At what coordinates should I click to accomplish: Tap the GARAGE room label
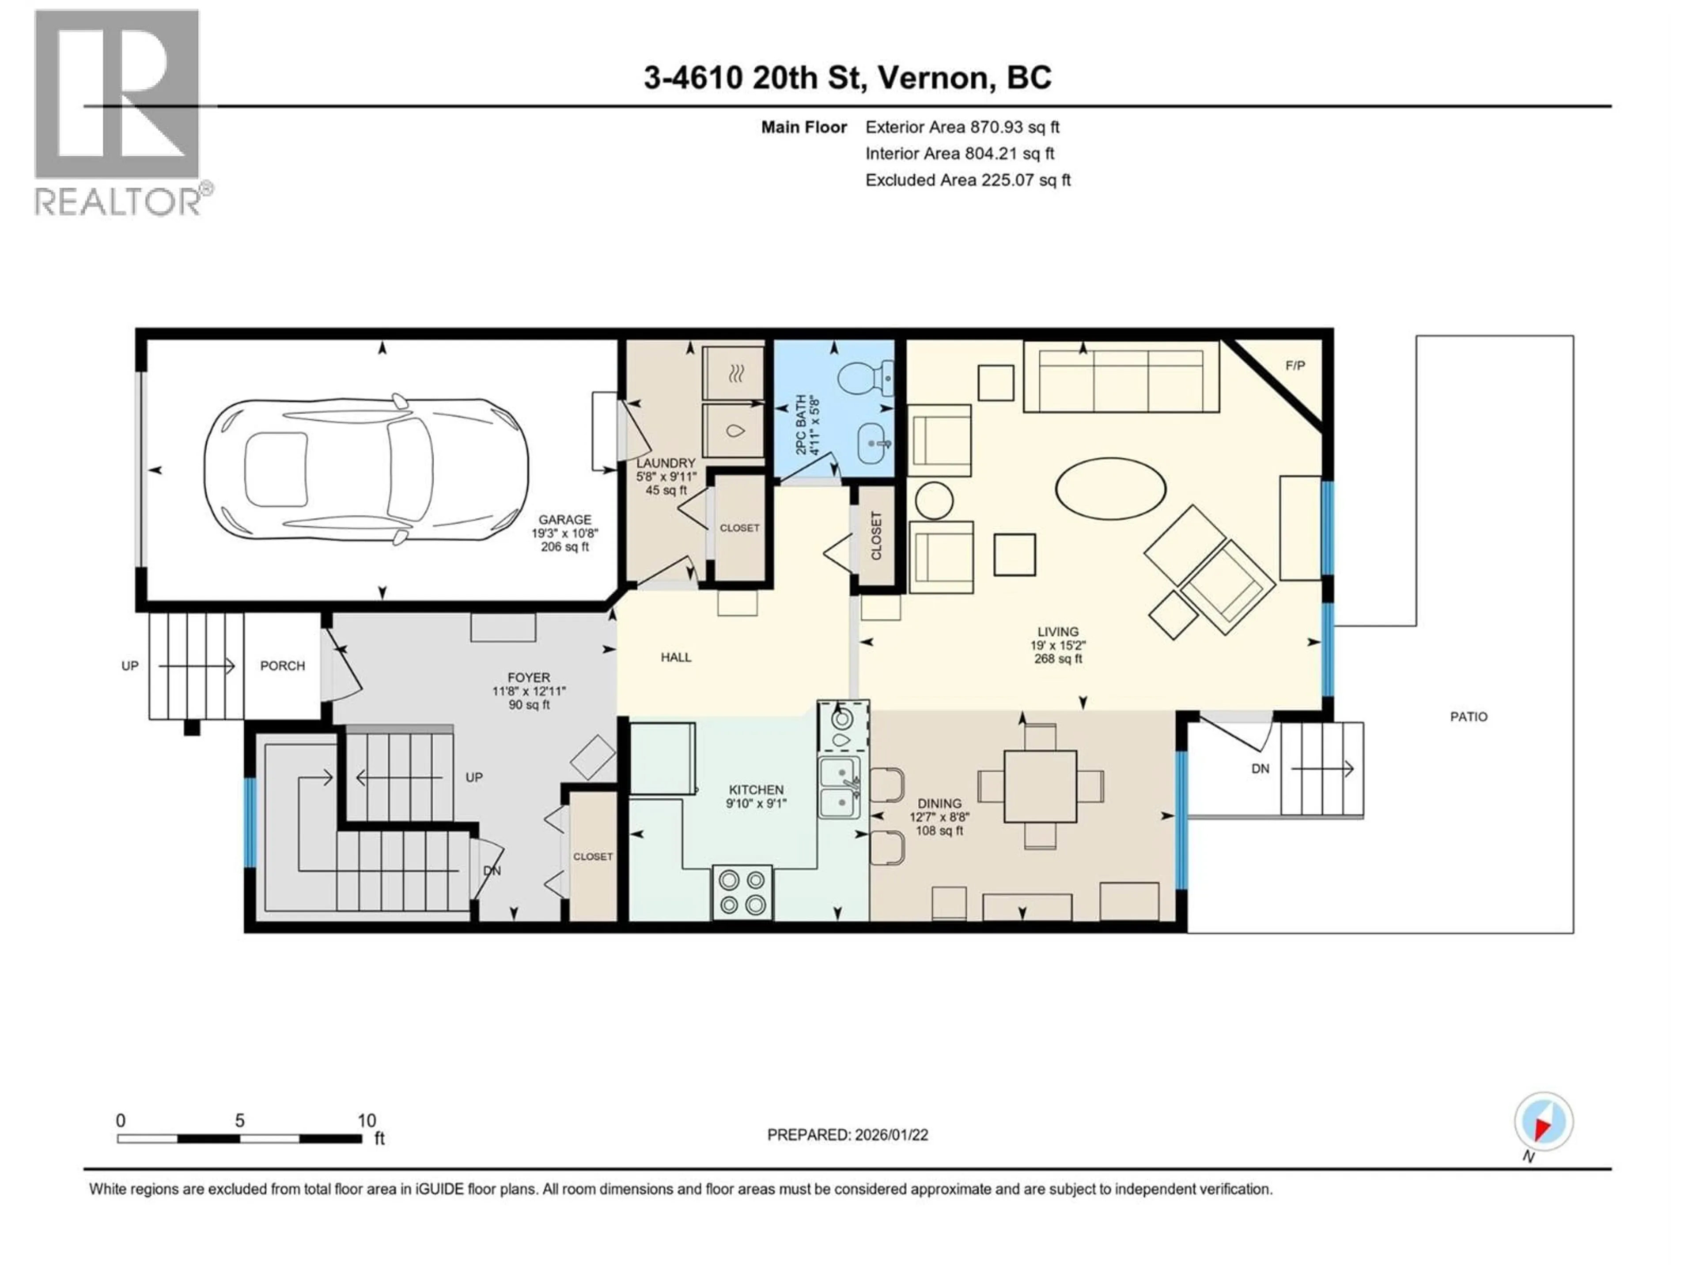coord(564,520)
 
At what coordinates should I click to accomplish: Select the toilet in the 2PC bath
coord(863,377)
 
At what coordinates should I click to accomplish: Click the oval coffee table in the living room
coord(1110,488)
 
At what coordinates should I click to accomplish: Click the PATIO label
coord(1468,717)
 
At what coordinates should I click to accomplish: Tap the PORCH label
coord(282,666)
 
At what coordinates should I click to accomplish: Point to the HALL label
coord(675,657)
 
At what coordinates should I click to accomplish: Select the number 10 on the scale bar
coord(367,1120)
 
